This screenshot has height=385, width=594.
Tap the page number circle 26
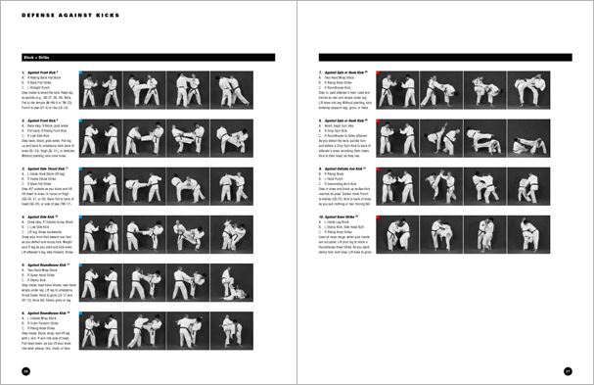[26, 370]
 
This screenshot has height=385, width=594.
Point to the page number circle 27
[567, 370]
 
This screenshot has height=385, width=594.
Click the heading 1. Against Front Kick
[43, 73]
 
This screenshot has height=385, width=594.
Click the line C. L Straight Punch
[45, 88]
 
